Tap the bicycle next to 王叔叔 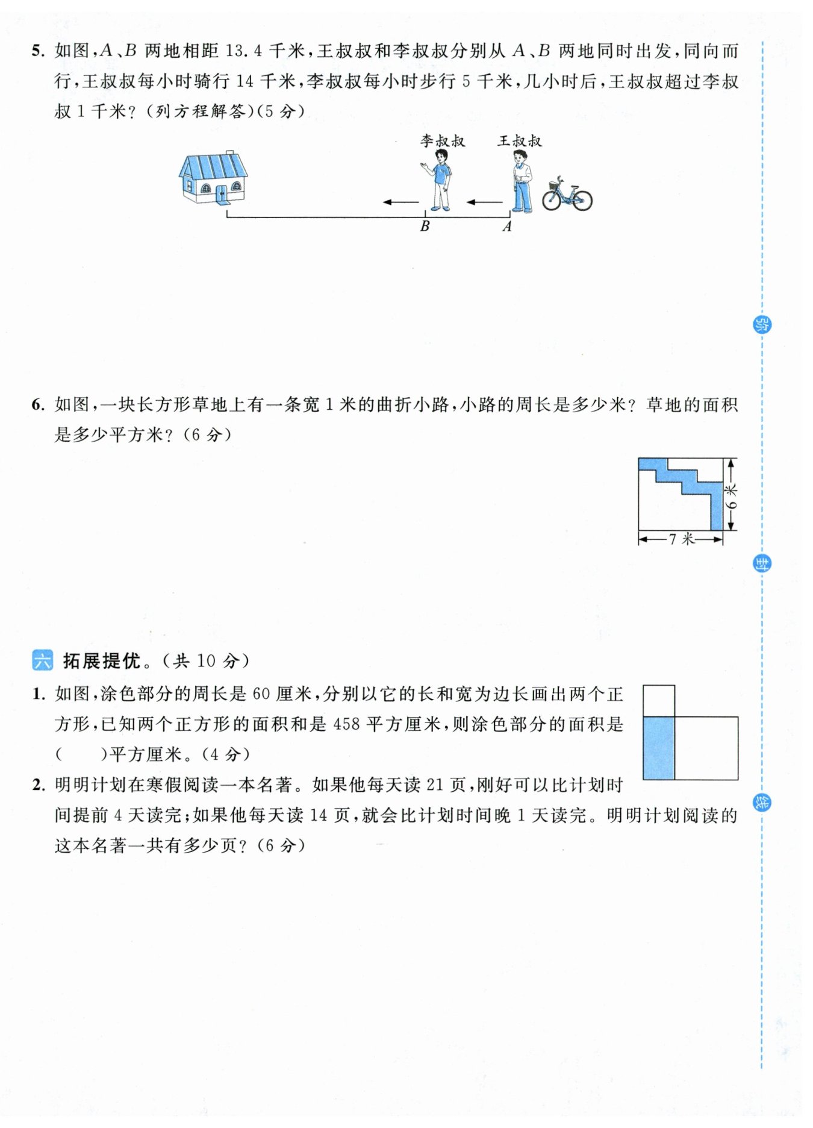pyautogui.click(x=567, y=194)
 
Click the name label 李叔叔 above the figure pyautogui.click(x=443, y=141)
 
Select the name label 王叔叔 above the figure pyautogui.click(x=520, y=141)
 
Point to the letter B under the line pyautogui.click(x=425, y=227)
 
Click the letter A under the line pyautogui.click(x=507, y=227)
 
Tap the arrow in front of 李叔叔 pyautogui.click(x=401, y=202)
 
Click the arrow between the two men pyautogui.click(x=485, y=202)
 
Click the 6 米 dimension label pyautogui.click(x=731, y=495)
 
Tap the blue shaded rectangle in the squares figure pyautogui.click(x=659, y=748)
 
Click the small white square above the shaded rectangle pyautogui.click(x=659, y=701)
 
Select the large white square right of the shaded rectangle pyautogui.click(x=706, y=748)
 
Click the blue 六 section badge pyautogui.click(x=42, y=661)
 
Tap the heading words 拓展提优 pyautogui.click(x=102, y=661)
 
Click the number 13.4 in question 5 pyautogui.click(x=243, y=51)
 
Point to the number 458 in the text pyautogui.click(x=347, y=724)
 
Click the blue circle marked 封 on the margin pyautogui.click(x=762, y=564)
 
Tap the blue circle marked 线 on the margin pyautogui.click(x=762, y=803)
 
